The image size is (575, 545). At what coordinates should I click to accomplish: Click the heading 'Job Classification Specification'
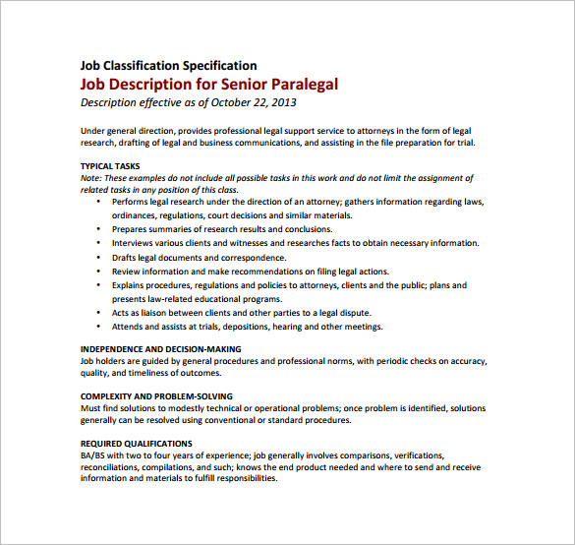[x=168, y=66]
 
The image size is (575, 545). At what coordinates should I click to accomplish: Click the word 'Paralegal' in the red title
[x=295, y=84]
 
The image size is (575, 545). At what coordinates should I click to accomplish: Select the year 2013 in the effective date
[x=283, y=102]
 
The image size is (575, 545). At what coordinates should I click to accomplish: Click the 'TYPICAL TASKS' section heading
[x=110, y=165]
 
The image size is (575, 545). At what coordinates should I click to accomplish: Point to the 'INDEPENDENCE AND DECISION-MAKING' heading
[x=160, y=349]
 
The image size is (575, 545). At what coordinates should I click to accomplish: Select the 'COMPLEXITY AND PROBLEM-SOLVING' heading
[x=155, y=395]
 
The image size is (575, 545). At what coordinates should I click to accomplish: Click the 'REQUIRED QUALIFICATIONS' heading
[x=136, y=444]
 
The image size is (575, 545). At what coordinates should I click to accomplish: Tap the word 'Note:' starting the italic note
[x=92, y=178]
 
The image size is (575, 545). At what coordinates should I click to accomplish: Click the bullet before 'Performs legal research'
[x=100, y=202]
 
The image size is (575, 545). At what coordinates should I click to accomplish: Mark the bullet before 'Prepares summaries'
[x=100, y=229]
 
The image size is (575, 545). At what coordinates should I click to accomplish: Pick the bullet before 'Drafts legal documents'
[x=100, y=257]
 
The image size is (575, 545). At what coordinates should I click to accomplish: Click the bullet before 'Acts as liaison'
[x=100, y=313]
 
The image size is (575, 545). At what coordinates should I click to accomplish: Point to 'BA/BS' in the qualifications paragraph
[x=95, y=455]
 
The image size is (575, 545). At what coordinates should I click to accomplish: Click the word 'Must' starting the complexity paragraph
[x=91, y=407]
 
